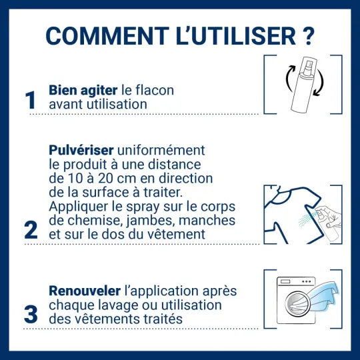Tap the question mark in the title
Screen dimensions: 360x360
tap(308, 35)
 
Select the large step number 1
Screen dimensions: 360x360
tap(30, 100)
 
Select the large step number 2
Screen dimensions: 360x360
tap(30, 229)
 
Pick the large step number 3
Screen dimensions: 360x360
tap(30, 314)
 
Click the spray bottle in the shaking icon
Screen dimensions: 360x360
tap(303, 87)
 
